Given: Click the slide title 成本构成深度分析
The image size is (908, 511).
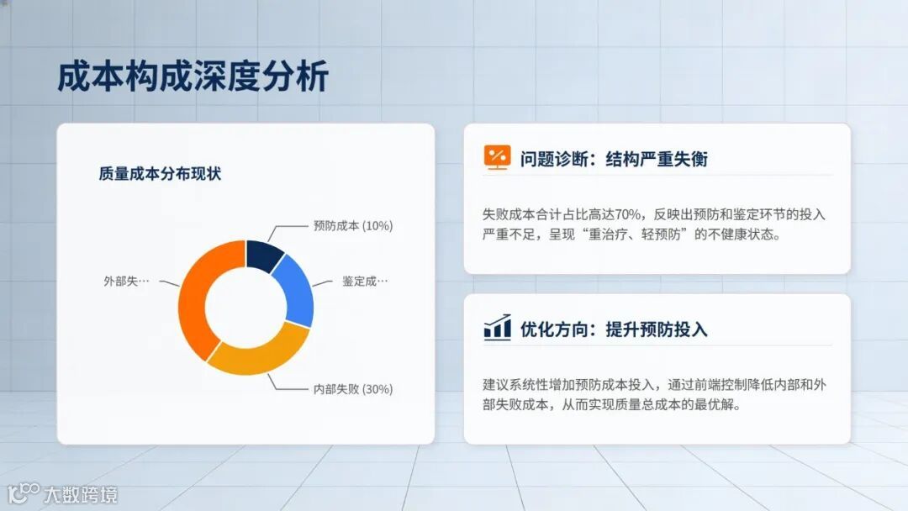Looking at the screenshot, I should point(193,76).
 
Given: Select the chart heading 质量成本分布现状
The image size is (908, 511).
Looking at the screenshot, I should point(159,174).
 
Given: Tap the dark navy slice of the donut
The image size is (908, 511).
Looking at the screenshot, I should point(264,255).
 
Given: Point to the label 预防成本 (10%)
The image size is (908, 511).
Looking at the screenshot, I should point(352,225).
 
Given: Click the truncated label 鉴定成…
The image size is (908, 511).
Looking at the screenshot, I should point(365,281).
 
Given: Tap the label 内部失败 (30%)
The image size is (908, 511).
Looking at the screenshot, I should point(352,388).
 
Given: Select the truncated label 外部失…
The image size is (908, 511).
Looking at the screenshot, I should point(126,281).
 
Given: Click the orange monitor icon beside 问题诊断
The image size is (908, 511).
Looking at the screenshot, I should point(497,157).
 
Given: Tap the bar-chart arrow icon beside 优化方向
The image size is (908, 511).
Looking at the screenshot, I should point(497,327).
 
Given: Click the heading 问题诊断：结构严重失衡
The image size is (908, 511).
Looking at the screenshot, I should point(614,159).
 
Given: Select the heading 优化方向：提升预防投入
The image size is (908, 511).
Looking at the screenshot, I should point(614,329).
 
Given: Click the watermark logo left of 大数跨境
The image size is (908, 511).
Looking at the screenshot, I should point(23,493).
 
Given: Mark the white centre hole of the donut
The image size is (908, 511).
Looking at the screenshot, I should point(245,307).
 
